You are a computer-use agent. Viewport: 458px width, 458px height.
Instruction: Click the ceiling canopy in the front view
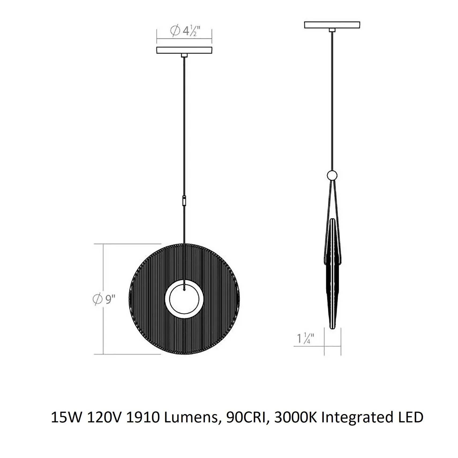point(184,50)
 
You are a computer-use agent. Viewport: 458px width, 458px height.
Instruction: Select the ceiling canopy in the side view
point(332,25)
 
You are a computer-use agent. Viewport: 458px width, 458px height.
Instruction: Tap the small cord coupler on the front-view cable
point(184,200)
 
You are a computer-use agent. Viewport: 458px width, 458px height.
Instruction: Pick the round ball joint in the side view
point(332,176)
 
